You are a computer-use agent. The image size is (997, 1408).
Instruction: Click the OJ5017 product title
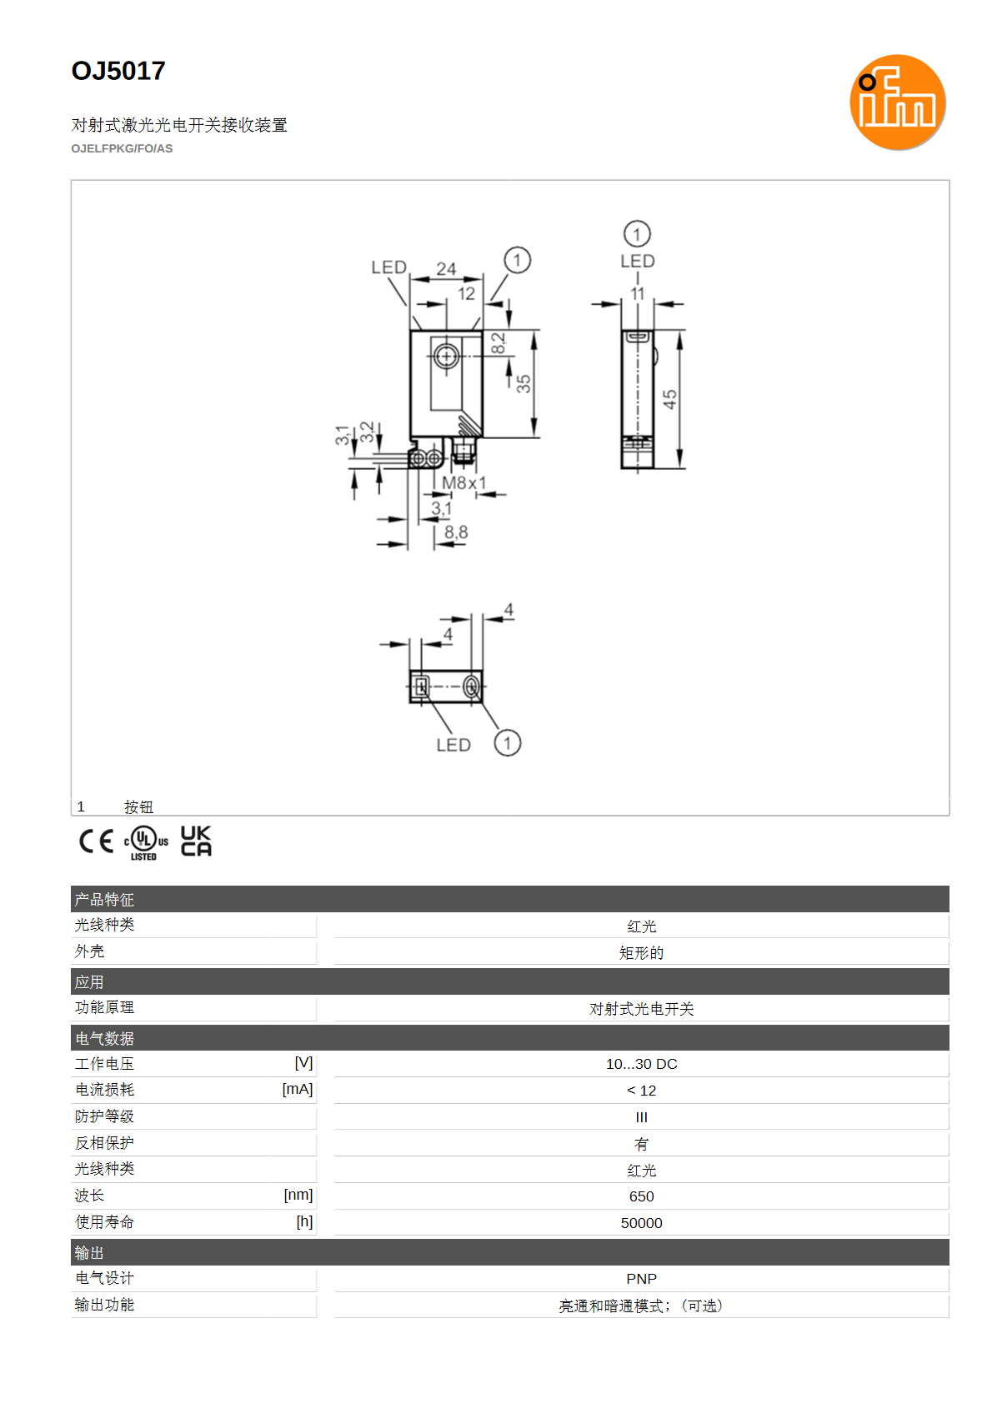click(118, 71)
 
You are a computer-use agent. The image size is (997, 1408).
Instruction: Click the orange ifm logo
click(897, 102)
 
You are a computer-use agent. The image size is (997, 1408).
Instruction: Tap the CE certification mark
click(96, 841)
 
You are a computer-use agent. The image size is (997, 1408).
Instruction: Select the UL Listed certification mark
click(146, 842)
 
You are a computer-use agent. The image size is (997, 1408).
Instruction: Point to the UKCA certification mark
click(196, 841)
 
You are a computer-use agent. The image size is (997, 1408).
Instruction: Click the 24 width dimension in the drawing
click(446, 269)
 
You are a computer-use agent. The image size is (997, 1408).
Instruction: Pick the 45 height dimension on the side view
click(670, 399)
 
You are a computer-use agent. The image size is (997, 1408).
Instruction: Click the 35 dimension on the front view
click(524, 383)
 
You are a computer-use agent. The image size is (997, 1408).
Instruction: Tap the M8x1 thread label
click(464, 482)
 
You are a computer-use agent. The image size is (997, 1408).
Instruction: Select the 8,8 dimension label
click(456, 532)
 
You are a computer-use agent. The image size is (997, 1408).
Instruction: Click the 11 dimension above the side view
click(637, 293)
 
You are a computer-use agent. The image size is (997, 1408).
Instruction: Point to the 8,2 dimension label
click(498, 343)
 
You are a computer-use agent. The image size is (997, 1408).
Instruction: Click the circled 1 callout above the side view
click(637, 234)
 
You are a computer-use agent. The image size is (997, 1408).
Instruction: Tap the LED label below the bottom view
click(453, 745)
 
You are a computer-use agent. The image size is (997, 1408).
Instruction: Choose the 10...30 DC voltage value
click(641, 1064)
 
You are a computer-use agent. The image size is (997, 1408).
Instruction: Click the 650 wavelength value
click(641, 1196)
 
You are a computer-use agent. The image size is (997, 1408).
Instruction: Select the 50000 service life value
click(641, 1222)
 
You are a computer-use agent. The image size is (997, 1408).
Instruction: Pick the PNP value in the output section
click(641, 1279)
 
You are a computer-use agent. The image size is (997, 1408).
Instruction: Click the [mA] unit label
click(297, 1089)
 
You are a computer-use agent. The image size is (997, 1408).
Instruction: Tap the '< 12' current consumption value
click(641, 1091)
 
